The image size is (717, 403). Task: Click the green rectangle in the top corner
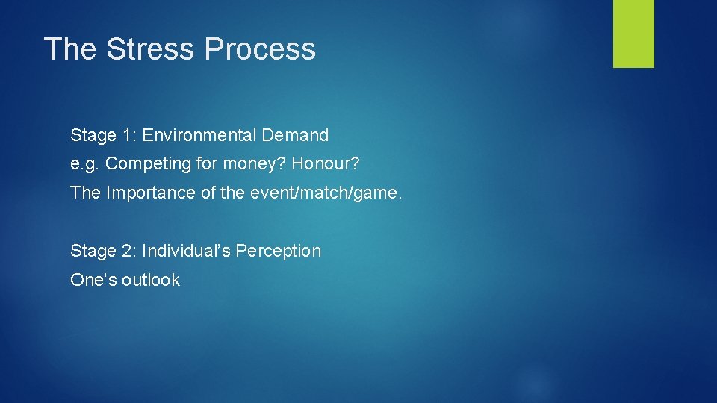tap(633, 34)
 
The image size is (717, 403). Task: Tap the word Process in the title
tap(260, 49)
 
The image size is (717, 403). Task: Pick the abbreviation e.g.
tap(85, 164)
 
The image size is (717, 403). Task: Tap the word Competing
tap(143, 164)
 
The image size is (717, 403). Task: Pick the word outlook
tap(151, 280)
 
